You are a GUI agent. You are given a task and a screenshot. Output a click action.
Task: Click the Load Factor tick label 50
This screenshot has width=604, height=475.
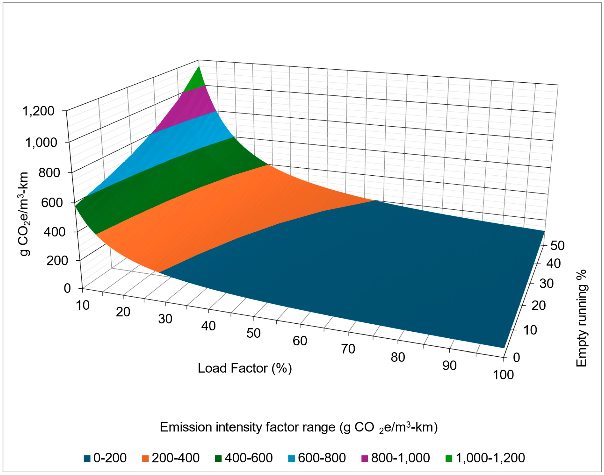pos(253,333)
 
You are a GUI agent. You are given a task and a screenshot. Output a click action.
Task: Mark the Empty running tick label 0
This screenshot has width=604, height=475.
pos(516,357)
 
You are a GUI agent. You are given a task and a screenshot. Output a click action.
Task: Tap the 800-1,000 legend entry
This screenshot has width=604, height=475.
pos(395,458)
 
